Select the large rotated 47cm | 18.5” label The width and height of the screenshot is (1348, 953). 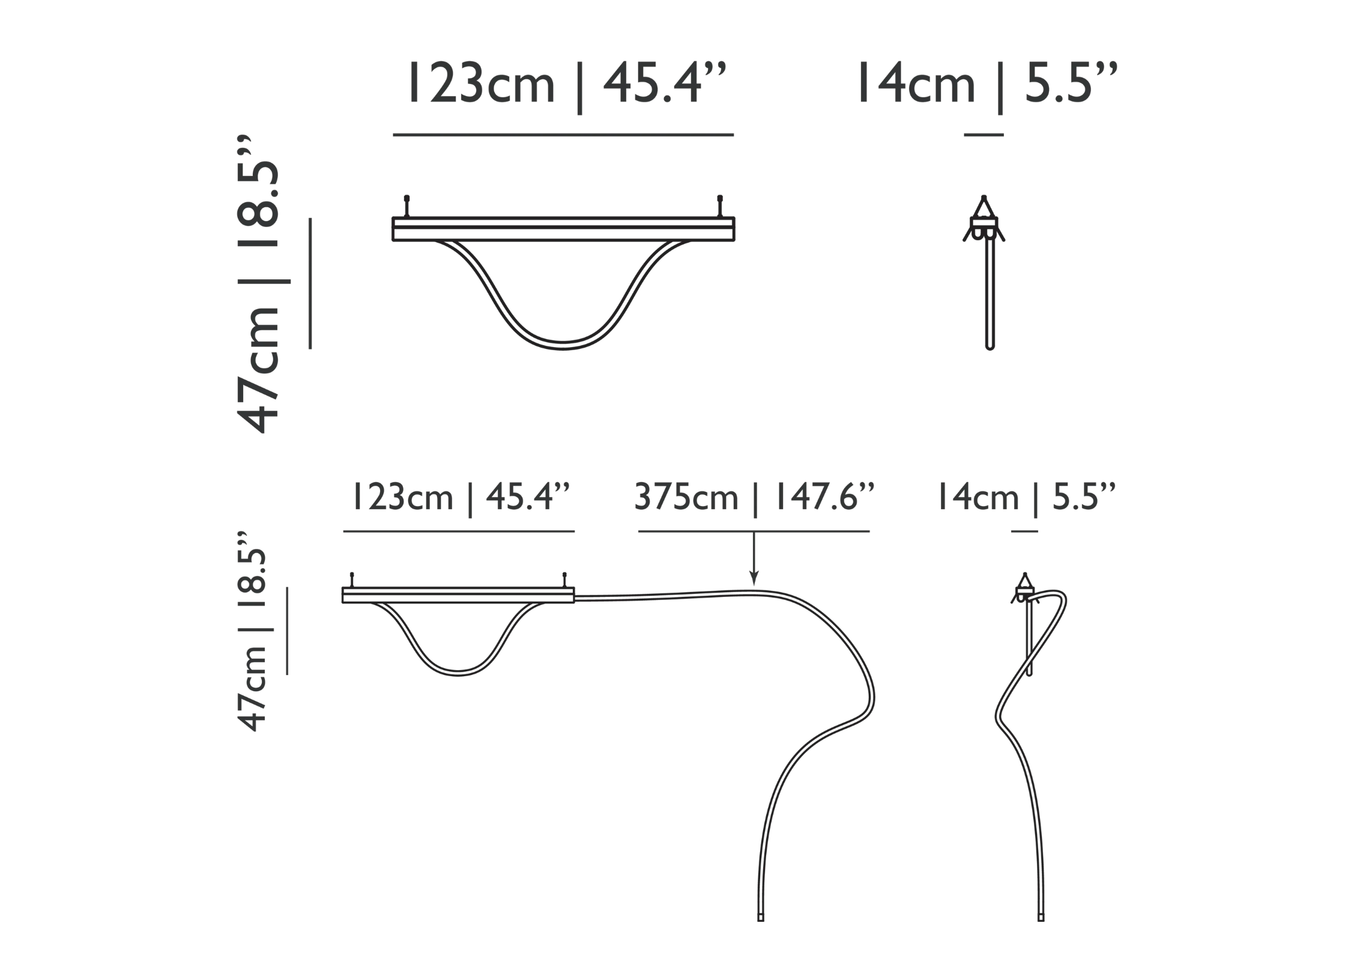pos(260,283)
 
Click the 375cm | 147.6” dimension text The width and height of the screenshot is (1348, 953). pos(754,498)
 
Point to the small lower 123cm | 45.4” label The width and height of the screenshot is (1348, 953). pos(459,498)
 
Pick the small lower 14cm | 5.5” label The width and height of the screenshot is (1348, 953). pos(1026,498)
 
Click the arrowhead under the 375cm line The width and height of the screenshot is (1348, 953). pos(754,579)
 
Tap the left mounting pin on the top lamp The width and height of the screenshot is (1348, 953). pos(407,206)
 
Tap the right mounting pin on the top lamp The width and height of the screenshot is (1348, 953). pos(720,206)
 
